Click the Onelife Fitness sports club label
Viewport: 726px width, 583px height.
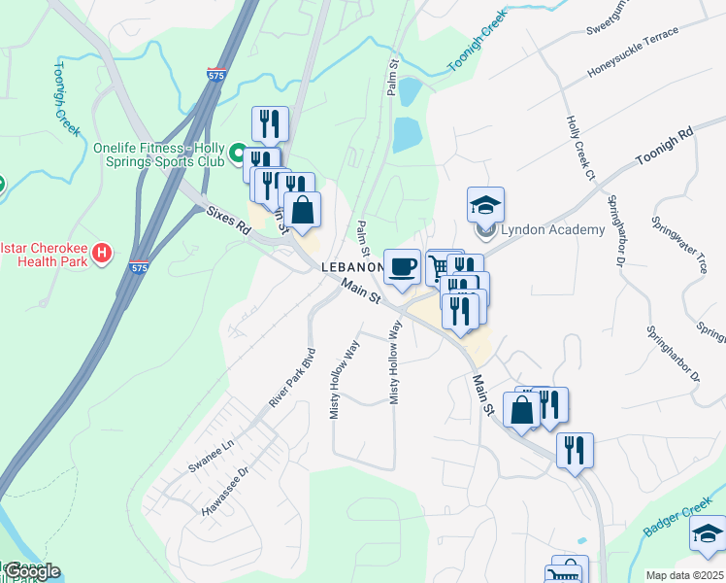click(158, 154)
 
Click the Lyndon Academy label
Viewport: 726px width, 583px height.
click(551, 230)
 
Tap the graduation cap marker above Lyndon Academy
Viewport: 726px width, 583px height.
click(485, 205)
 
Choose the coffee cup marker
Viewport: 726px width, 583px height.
click(402, 266)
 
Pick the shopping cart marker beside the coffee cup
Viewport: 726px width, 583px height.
click(439, 265)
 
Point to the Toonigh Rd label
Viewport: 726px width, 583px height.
click(665, 145)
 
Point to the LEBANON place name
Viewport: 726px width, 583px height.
click(352, 267)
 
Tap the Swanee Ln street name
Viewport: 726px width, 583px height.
click(212, 455)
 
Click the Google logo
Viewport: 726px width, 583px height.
click(32, 571)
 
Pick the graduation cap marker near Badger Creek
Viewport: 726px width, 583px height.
click(707, 533)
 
